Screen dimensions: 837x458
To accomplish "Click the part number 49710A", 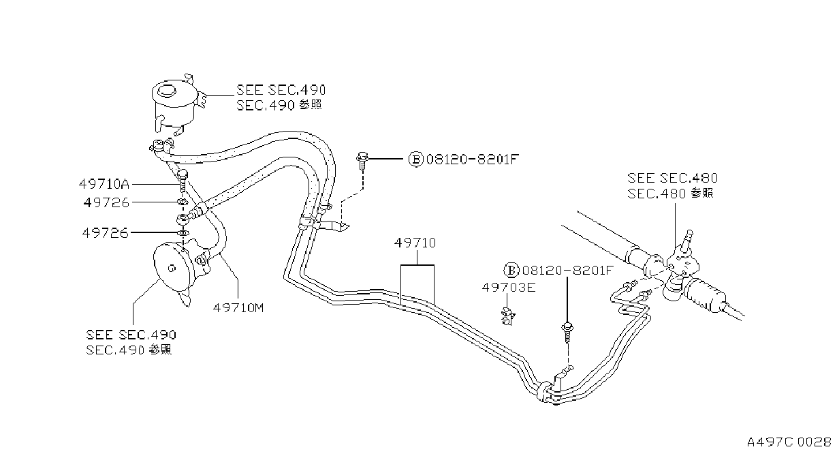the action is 104,184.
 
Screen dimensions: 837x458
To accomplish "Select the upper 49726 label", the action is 106,202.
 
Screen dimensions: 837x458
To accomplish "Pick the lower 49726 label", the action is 106,233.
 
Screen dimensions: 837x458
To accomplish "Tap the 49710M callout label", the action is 238,307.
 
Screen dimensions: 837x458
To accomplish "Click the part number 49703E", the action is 509,287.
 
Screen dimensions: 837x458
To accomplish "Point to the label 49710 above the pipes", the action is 415,243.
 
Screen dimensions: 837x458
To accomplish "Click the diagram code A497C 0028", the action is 789,442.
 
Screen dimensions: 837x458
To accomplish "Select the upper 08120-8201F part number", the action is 473,159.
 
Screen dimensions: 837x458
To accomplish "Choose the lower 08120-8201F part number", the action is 567,270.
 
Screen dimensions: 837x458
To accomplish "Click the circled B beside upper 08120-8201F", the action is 415,159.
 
